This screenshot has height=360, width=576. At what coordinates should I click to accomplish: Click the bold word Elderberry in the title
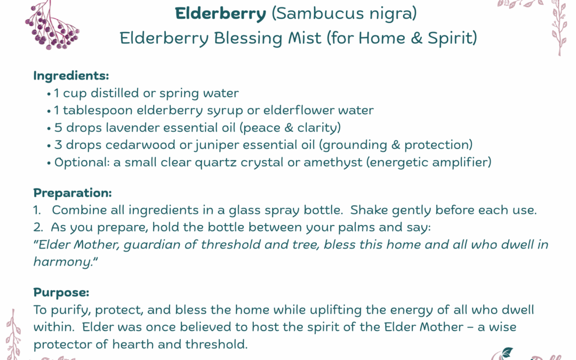tap(221, 14)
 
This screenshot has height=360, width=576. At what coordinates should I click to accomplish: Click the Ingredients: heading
tap(71, 76)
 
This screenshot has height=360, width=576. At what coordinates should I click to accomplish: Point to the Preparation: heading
tap(73, 193)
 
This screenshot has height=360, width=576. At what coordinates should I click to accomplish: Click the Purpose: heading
tap(61, 292)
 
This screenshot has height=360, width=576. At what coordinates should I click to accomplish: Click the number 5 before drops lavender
tap(58, 127)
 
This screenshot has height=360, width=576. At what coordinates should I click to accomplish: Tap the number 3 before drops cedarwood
tap(58, 145)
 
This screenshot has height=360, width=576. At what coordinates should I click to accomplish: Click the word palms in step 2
tap(335, 227)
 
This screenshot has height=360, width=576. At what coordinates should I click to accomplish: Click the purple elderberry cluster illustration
tap(51, 27)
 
